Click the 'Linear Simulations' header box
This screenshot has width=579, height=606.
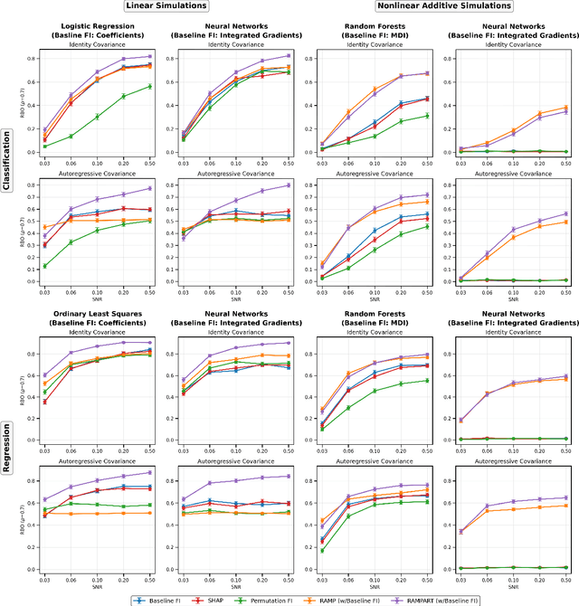point(164,6)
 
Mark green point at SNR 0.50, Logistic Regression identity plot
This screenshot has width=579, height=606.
point(150,87)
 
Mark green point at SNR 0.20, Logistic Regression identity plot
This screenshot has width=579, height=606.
point(124,96)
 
